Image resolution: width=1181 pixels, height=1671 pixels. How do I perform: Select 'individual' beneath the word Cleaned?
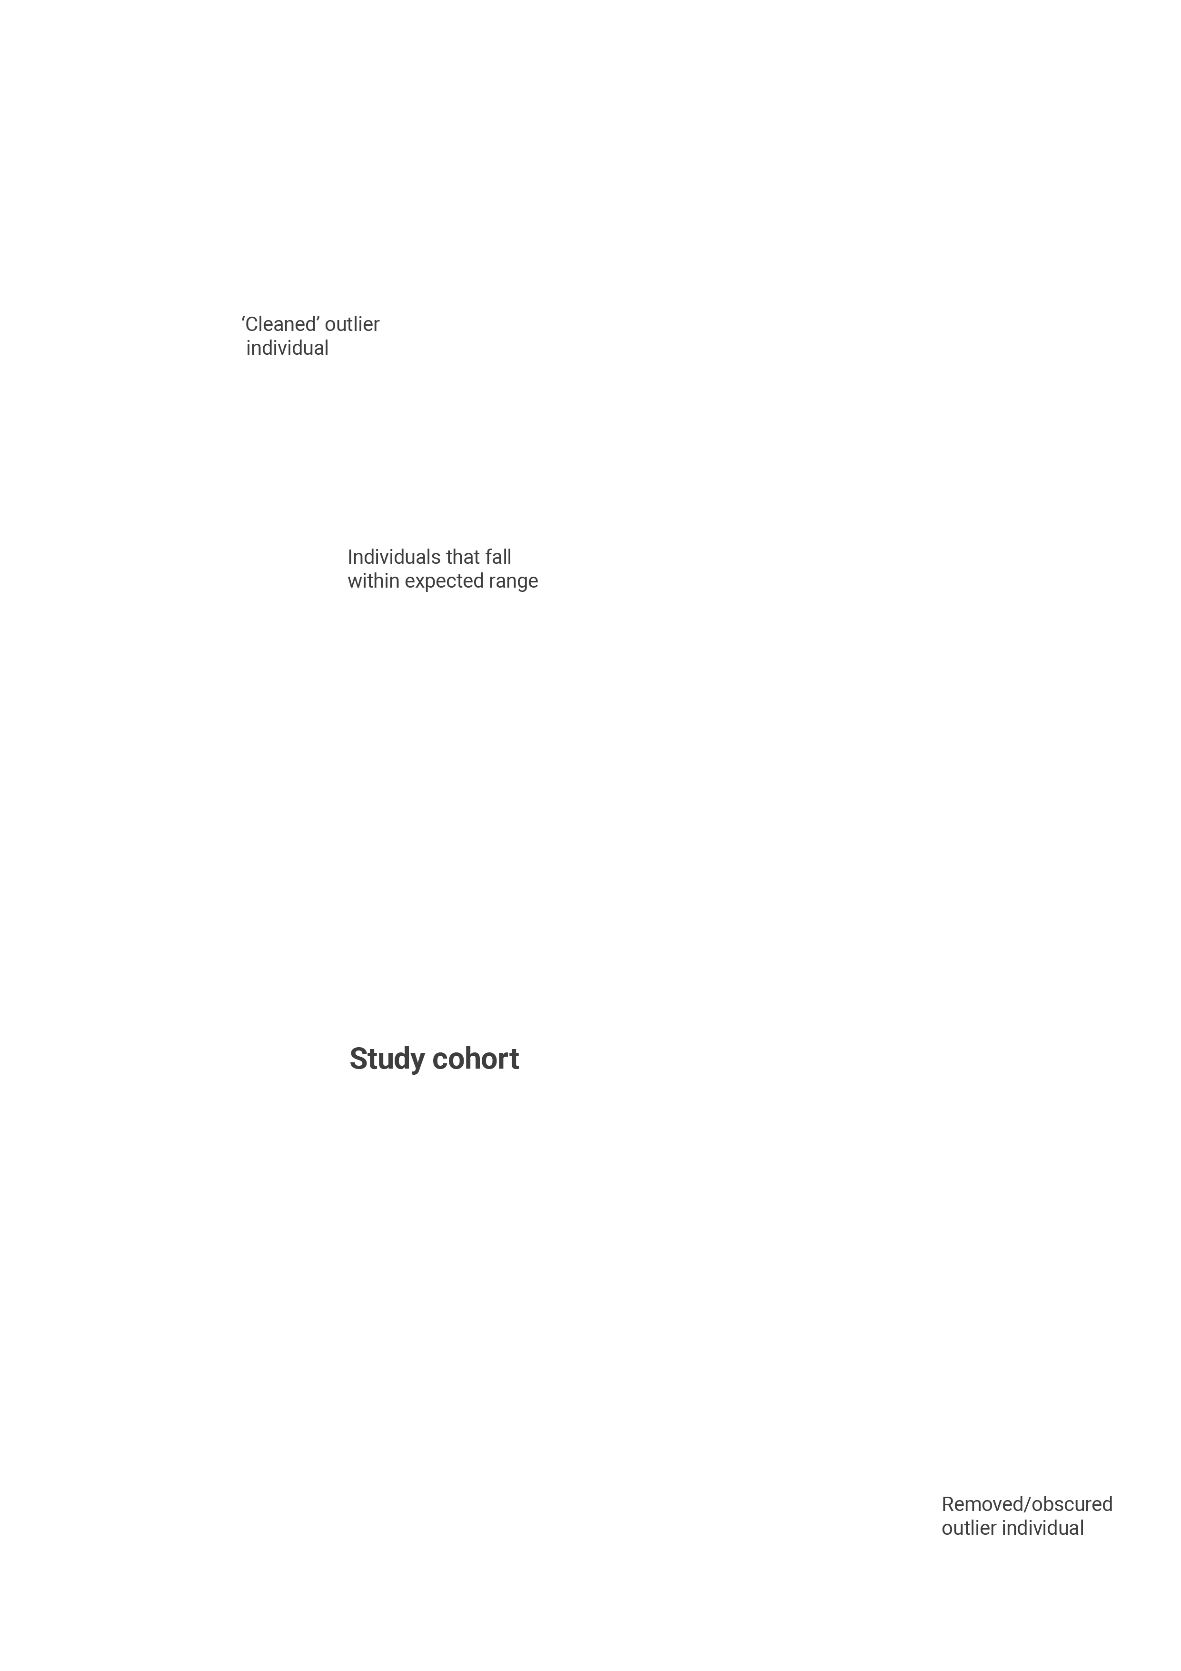pos(288,348)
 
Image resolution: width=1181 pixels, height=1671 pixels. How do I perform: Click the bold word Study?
pos(387,1060)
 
